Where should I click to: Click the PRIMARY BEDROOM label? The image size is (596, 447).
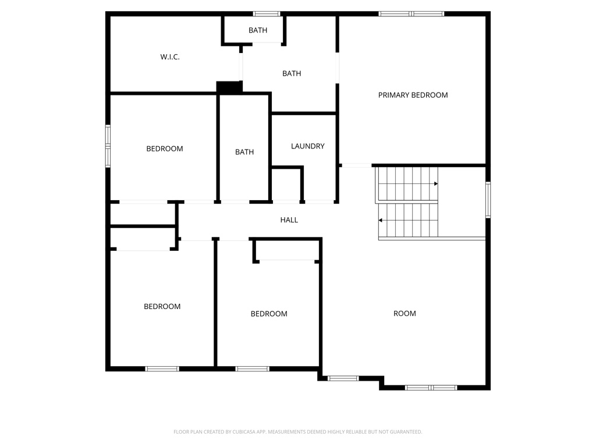413,95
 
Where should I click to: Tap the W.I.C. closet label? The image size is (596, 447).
170,57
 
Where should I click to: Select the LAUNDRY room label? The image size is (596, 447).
307,146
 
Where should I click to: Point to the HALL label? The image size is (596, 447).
289,220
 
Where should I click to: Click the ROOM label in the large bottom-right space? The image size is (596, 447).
405,313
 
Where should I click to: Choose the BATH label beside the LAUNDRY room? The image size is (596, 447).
244,152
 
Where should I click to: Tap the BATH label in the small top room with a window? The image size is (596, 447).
258,30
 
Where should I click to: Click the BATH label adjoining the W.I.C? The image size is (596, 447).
292,73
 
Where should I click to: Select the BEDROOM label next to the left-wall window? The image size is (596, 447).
164,148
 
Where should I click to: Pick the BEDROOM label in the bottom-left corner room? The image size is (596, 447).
162,306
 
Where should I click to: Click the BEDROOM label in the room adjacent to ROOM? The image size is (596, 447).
269,314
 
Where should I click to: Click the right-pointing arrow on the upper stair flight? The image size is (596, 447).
435,184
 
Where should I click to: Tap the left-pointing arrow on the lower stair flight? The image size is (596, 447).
381,221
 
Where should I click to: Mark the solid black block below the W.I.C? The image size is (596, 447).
229,87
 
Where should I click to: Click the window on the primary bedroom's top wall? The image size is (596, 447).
411,13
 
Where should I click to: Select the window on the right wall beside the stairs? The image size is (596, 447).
488,200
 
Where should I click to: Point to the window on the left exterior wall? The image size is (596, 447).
108,146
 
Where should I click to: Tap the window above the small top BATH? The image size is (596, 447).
267,13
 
